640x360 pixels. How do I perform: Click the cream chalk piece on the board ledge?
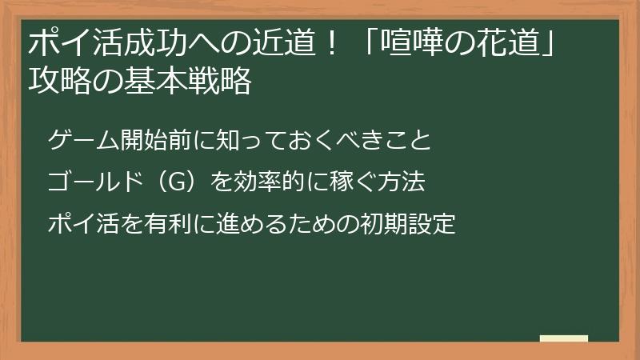pos(564,338)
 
